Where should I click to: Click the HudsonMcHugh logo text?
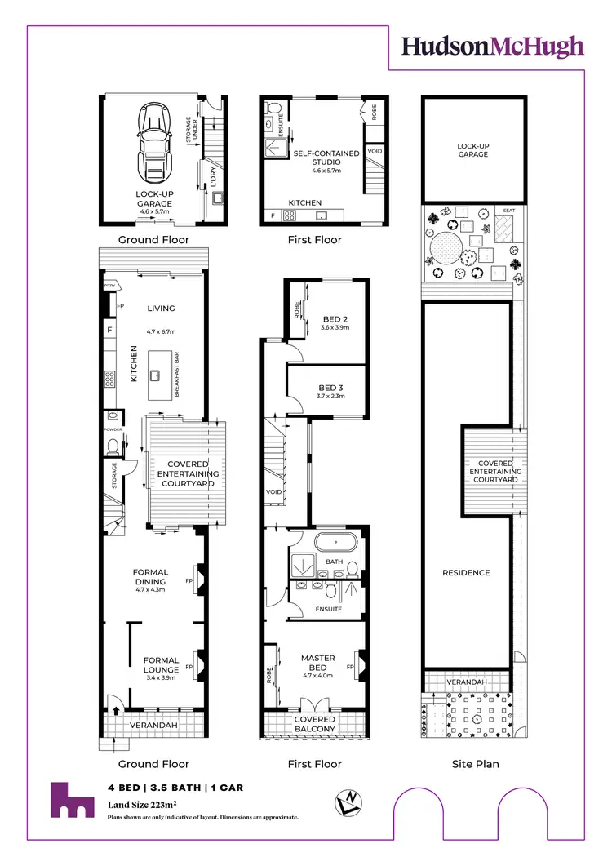[493, 46]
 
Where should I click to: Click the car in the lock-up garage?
[153, 138]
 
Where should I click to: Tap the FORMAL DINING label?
[150, 577]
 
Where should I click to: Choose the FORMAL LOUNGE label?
[161, 665]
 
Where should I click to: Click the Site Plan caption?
[475, 764]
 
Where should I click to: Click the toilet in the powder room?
[112, 445]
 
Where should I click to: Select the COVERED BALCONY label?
[315, 724]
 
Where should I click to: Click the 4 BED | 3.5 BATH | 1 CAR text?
[175, 788]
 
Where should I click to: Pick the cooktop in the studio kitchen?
[288, 216]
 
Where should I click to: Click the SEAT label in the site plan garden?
[508, 210]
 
